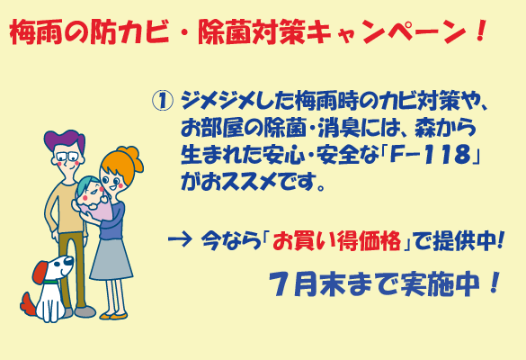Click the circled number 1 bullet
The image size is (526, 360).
click(163, 102)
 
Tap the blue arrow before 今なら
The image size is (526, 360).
click(180, 239)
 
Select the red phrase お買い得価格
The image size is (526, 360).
click(336, 241)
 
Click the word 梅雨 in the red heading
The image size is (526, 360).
click(36, 31)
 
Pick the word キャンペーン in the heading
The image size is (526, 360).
click(385, 31)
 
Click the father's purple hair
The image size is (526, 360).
click(64, 139)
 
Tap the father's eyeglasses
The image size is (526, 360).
click(67, 157)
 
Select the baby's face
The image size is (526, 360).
click(91, 193)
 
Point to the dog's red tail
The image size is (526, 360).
click(28, 304)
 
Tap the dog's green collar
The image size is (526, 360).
click(51, 282)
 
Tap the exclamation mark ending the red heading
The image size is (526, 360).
click(480, 31)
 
